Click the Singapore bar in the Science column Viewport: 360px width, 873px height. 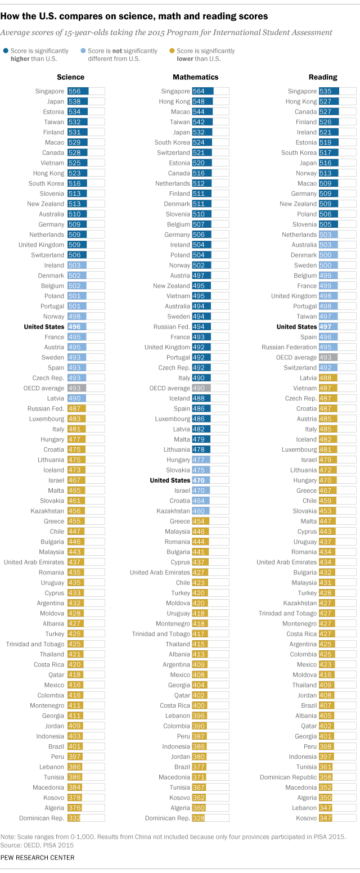(78, 91)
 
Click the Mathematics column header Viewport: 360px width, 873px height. (195, 77)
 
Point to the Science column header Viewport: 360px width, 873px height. (71, 77)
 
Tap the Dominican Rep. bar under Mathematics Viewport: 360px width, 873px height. (200, 818)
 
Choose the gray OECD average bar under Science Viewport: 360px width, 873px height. (76, 388)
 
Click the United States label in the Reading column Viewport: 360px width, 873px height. (296, 327)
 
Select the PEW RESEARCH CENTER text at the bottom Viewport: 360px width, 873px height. (38, 857)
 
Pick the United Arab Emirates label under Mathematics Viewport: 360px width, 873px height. (159, 573)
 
